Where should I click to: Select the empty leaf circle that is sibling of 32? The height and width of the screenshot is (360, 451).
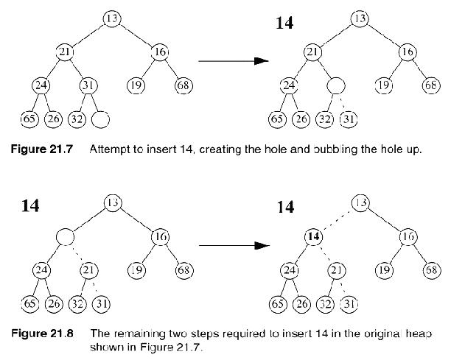[x=102, y=118]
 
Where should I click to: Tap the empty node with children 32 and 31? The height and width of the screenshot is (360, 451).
[x=336, y=85]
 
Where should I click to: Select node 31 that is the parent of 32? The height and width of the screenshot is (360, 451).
[x=88, y=85]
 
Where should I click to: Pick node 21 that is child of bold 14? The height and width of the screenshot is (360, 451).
[x=336, y=269]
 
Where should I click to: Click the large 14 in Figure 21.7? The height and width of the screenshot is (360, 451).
[x=284, y=23]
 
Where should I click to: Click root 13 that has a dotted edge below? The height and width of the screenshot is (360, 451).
[x=360, y=202]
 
